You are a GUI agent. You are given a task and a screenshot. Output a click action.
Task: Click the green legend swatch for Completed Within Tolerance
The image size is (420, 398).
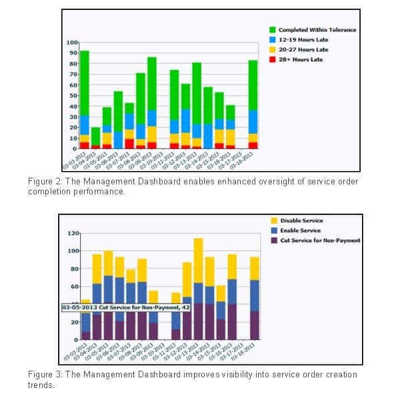coord(273,30)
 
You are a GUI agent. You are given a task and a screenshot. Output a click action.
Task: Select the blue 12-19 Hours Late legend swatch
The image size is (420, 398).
coord(273,40)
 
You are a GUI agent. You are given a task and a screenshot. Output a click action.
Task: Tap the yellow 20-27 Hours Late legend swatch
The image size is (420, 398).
coord(273,50)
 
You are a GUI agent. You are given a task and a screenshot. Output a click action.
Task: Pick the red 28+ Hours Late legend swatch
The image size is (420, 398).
coord(273,60)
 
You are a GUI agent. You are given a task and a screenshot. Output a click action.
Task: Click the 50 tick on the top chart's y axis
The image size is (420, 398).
coord(73,95)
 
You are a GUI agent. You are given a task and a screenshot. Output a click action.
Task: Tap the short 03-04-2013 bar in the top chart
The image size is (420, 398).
coord(95,136)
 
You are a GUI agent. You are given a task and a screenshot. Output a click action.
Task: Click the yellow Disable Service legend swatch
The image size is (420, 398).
coord(274,220)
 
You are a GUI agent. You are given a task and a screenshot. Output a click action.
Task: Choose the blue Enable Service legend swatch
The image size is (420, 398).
coord(274,230)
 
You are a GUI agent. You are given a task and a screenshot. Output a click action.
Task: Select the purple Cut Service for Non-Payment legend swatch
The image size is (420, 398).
coord(274,240)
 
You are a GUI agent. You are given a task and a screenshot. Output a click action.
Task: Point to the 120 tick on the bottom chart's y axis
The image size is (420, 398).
coord(73,234)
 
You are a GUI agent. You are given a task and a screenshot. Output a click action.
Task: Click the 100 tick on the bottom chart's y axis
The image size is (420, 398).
coord(73,251)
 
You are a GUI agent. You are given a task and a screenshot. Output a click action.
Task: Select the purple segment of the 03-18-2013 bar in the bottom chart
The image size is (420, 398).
coord(254,325)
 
